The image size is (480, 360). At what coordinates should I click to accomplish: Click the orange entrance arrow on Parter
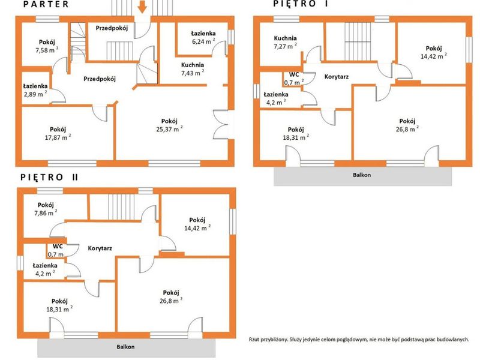(142, 7)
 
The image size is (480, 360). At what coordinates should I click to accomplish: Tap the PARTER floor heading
(46, 4)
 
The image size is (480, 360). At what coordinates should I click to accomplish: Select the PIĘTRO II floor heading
(49, 177)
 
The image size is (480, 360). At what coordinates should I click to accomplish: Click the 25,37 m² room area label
(169, 129)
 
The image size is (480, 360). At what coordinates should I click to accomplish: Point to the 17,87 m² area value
(58, 137)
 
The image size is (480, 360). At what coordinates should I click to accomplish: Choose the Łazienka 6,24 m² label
(203, 37)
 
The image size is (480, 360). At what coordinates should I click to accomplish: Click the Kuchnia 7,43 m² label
(193, 69)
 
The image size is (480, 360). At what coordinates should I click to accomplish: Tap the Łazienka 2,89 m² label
(35, 91)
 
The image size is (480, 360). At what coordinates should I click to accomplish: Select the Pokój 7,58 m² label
(47, 46)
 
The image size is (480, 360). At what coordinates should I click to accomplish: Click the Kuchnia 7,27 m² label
(286, 42)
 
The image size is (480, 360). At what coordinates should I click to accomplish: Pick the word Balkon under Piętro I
(362, 175)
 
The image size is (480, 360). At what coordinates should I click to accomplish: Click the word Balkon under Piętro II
(125, 347)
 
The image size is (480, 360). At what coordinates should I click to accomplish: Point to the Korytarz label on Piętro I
(337, 77)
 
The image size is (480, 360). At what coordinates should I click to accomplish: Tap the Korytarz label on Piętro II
(100, 248)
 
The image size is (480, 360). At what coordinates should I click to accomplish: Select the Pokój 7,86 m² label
(46, 209)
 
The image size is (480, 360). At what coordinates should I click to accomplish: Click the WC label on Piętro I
(294, 74)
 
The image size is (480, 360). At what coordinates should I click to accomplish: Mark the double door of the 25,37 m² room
(221, 125)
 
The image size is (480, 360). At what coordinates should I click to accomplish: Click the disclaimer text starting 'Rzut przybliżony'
(359, 339)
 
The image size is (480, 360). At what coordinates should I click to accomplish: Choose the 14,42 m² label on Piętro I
(434, 56)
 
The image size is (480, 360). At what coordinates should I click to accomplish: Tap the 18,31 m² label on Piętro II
(59, 309)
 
